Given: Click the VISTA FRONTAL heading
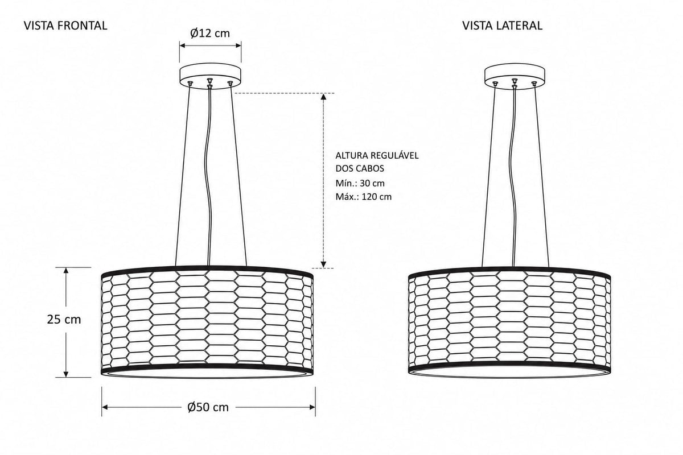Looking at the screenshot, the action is coord(65,26).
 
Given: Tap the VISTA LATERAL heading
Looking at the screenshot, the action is coord(502,26).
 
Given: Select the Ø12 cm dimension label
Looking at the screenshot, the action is coord(210,33).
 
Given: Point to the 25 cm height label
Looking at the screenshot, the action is coord(64,320).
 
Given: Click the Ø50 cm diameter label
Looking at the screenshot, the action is coord(208,407).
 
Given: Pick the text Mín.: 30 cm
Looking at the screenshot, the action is coord(360,183).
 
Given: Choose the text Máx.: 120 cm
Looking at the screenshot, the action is coord(364,197).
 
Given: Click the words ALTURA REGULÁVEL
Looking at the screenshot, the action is coord(377,155).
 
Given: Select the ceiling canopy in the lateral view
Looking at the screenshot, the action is coord(515,76).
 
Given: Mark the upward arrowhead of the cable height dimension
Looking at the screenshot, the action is coord(323,97).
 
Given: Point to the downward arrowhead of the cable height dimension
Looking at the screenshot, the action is coord(323,264).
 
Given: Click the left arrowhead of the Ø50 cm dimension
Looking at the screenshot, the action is coord(105,407).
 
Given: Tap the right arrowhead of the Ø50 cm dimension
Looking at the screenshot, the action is coord(312,407).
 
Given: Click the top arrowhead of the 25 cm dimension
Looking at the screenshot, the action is coord(66,271).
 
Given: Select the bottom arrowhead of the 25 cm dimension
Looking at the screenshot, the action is coord(66,374).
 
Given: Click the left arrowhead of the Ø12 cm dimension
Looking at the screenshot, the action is coord(183,45).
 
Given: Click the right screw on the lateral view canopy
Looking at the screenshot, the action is coord(534,83).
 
